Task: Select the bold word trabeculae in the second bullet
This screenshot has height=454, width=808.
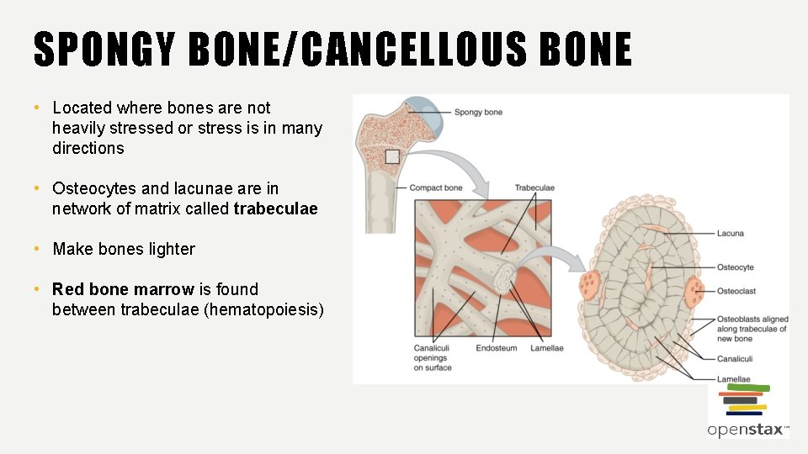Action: point(276,209)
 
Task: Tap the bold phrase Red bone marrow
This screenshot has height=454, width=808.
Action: point(123,289)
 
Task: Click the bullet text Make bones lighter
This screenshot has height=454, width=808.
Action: point(124,249)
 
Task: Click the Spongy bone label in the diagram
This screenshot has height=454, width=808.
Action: point(478,112)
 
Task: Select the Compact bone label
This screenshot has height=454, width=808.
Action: point(436,187)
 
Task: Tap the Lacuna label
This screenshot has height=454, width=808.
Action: point(730,233)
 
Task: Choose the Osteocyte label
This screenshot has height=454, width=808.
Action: point(735,267)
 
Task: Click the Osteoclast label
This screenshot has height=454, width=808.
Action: point(736,291)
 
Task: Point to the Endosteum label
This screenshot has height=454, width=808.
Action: point(497,347)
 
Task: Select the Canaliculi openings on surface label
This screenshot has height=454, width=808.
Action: point(433,357)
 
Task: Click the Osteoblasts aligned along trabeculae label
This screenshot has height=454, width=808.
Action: point(752,329)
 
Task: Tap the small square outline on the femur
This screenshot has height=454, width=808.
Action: point(391,156)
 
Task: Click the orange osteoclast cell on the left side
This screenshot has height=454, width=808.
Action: point(589,284)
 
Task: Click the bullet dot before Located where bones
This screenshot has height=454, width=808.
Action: point(38,108)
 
